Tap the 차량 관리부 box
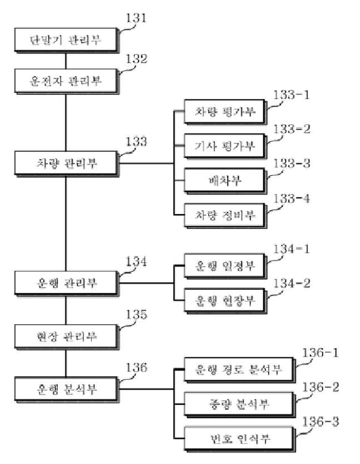coord(65,162)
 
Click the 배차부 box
coord(221,179)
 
